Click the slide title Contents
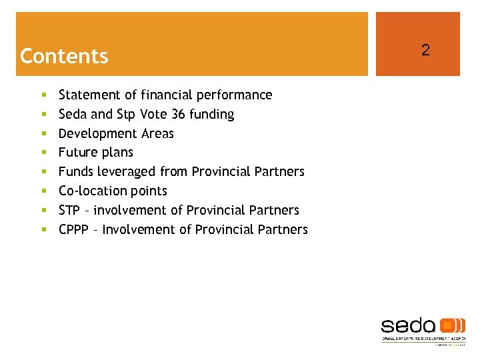[x=64, y=56]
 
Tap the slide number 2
[x=425, y=50]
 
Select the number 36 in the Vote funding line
[x=178, y=115]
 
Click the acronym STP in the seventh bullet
[x=69, y=211]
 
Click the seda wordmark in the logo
[x=408, y=325]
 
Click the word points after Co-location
[x=149, y=191]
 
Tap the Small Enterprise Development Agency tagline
[x=423, y=339]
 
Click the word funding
[x=211, y=115]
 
